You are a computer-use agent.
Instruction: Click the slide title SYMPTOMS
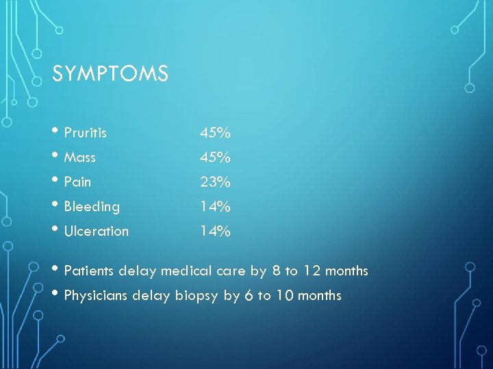(x=110, y=74)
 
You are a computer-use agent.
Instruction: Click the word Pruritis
(x=85, y=133)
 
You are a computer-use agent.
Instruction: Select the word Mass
(x=79, y=157)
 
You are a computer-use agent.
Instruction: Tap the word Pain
(x=77, y=182)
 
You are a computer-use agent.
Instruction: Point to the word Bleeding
(x=92, y=206)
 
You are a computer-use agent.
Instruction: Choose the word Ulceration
(x=96, y=231)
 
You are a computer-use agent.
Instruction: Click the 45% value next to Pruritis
(x=215, y=133)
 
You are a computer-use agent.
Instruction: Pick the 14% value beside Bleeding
(x=215, y=206)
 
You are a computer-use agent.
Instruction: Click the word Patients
(x=89, y=271)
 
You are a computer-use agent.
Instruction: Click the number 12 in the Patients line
(x=312, y=271)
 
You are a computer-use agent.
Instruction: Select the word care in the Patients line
(x=231, y=271)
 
